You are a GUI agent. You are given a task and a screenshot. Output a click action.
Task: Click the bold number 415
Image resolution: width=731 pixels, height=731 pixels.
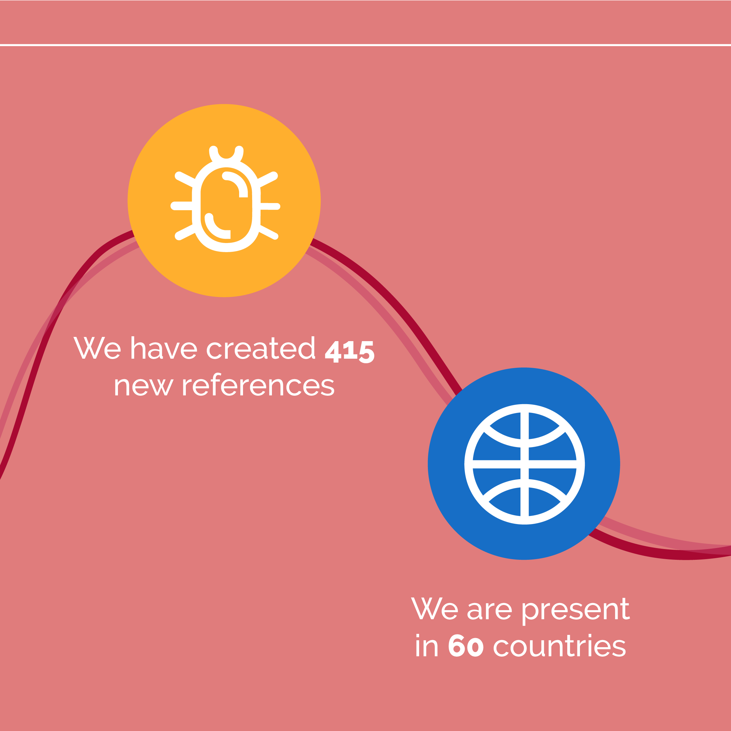(350, 352)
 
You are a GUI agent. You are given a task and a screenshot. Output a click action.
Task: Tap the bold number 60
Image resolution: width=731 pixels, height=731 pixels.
(466, 646)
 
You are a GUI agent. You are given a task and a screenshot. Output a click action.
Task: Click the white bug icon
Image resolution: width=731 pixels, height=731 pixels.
(226, 199)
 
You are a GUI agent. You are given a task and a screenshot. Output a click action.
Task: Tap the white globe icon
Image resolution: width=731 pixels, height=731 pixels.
(524, 464)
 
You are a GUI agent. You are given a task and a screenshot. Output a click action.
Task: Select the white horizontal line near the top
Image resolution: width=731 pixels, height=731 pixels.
(365, 45)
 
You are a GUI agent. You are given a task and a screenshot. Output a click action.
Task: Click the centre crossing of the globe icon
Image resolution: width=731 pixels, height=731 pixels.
(524, 464)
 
